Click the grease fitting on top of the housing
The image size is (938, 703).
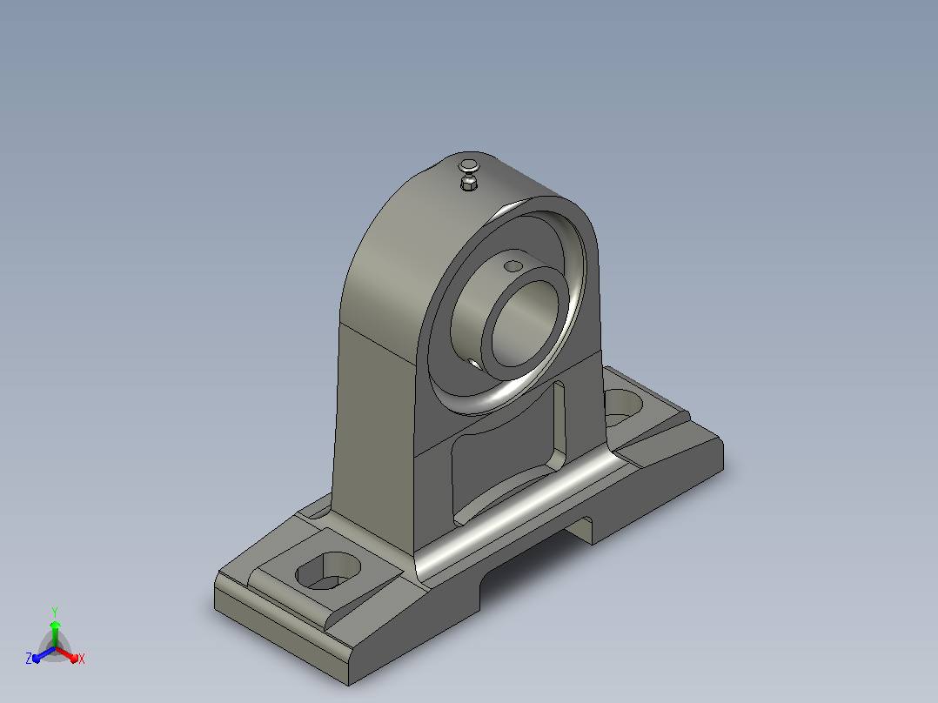pos(469,174)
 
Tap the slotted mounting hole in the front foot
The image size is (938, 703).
pos(328,571)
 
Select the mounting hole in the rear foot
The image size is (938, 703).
pos(623,405)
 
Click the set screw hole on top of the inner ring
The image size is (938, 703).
pos(513,265)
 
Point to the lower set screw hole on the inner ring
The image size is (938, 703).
pos(473,363)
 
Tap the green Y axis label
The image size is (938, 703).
pos(55,612)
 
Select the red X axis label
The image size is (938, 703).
pos(82,659)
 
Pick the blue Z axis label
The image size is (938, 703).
pos(29,658)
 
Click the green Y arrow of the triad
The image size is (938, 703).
pos(55,633)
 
